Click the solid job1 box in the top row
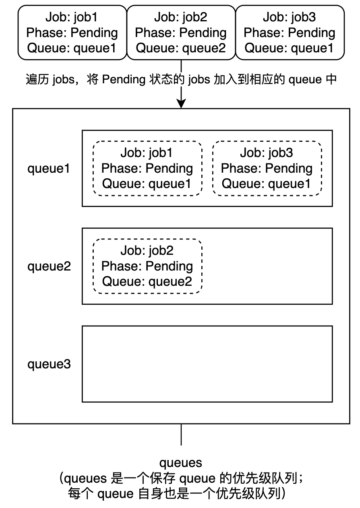72,33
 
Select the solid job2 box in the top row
181,33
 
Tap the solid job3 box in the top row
290,33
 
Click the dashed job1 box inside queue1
147,168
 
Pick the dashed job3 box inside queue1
267,168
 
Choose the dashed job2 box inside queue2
147,266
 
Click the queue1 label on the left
49,168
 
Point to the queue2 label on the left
49,266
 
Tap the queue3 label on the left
49,364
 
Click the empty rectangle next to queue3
207,364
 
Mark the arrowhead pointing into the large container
181,104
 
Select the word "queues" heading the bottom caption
180,462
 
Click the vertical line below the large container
181,434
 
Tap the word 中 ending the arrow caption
331,80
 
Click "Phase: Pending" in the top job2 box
181,33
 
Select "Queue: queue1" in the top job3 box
290,48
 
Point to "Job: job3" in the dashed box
267,153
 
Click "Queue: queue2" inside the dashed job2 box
147,281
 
